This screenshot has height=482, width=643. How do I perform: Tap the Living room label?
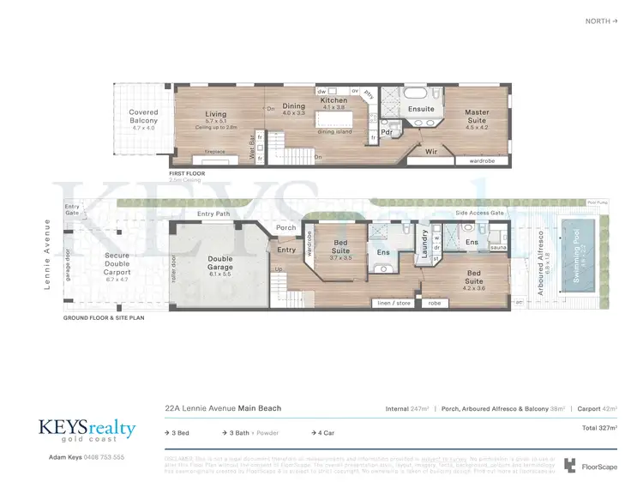coord(215,114)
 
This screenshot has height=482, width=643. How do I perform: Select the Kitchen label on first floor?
coord(334,100)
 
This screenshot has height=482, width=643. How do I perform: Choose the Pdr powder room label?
coord(387,132)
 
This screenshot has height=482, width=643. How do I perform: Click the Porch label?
coord(285,227)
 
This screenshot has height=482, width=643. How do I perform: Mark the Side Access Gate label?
coord(478,212)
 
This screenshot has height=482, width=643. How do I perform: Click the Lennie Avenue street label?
coord(48,255)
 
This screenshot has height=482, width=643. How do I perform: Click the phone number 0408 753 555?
coord(103,457)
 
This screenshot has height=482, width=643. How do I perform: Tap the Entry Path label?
coord(214,214)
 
